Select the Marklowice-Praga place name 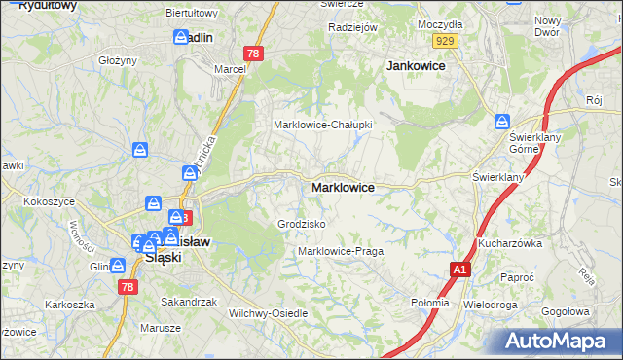[x=341, y=251]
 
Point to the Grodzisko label [x=301, y=224]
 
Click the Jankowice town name [x=416, y=65]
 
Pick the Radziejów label [x=352, y=27]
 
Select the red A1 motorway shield [x=460, y=269]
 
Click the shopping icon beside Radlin [x=181, y=37]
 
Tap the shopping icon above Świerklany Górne [x=502, y=122]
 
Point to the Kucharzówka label [x=509, y=243]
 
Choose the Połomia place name [x=430, y=303]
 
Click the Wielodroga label [x=491, y=304]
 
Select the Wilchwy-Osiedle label [x=268, y=313]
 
